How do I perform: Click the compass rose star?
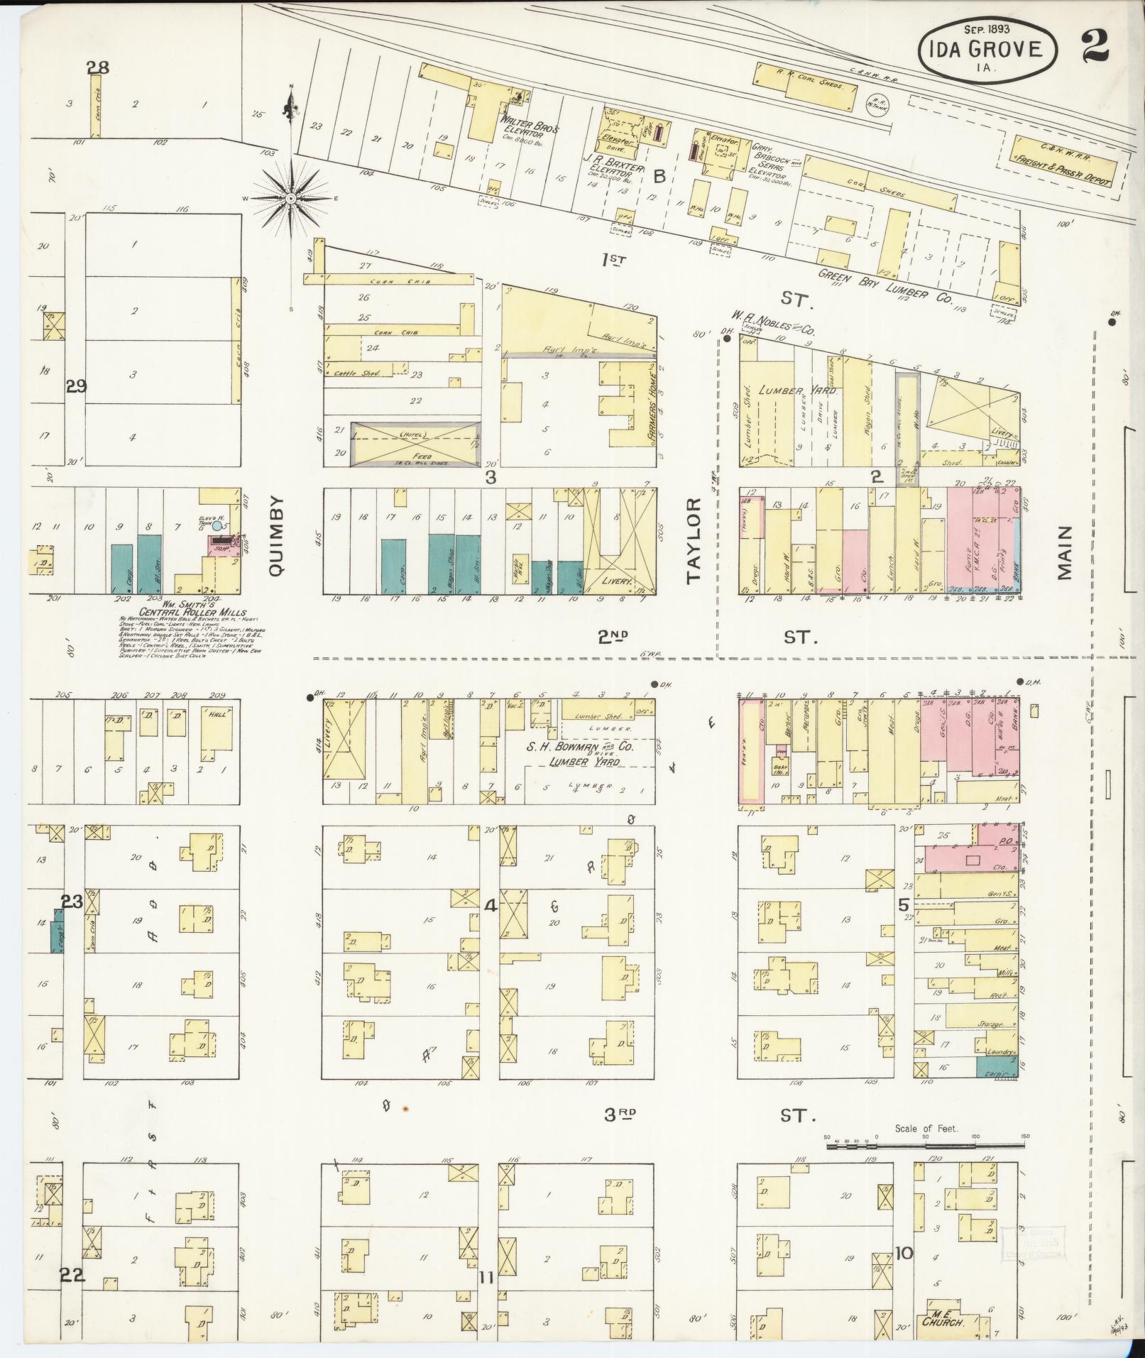(x=290, y=199)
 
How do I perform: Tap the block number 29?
(x=76, y=387)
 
